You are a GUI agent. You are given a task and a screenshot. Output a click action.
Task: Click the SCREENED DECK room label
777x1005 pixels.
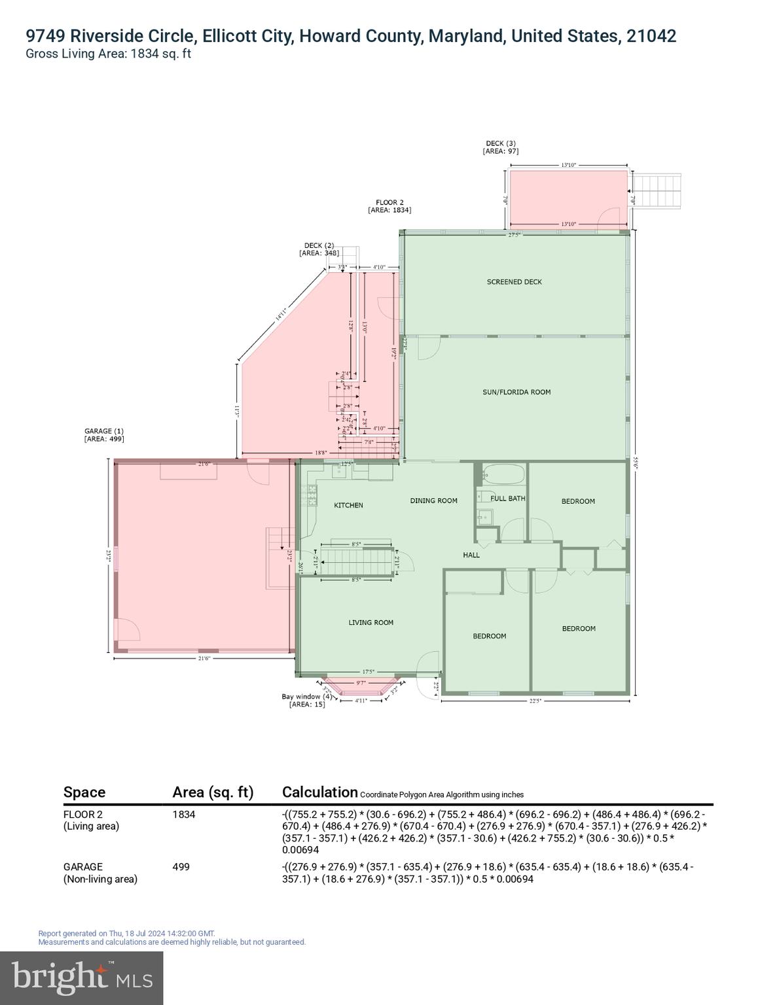(514, 282)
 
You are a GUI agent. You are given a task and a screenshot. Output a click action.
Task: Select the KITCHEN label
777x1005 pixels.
(348, 505)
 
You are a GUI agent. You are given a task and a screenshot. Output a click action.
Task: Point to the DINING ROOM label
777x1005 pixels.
(433, 501)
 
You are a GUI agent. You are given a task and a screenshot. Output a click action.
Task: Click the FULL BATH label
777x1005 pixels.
(507, 499)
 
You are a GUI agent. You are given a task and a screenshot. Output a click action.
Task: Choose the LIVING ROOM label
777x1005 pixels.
(370, 622)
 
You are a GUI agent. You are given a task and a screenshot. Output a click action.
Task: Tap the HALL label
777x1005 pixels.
(471, 555)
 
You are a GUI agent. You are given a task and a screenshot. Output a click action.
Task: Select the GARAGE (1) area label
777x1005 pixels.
(104, 435)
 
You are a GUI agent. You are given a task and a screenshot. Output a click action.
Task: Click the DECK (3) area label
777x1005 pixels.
(501, 147)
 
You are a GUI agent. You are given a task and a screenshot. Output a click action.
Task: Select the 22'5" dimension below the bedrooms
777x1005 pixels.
(535, 701)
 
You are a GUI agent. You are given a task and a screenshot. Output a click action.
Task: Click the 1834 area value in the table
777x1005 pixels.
(184, 815)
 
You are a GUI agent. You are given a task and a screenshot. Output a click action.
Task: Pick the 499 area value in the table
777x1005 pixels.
(181, 867)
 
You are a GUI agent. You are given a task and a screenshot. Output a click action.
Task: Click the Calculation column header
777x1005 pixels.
(319, 792)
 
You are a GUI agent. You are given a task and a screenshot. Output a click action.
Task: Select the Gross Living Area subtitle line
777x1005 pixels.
(108, 54)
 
